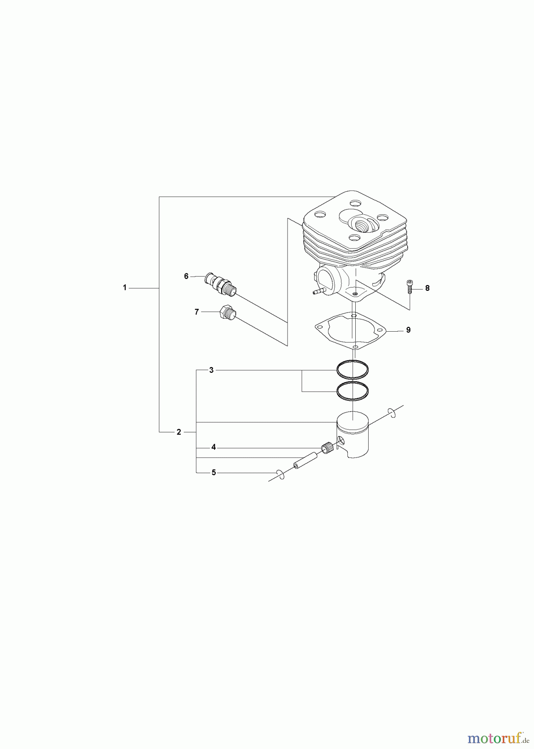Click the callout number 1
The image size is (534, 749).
125,288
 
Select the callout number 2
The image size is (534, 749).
179,432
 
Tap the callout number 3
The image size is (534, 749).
211,370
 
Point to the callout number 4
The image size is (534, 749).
213,447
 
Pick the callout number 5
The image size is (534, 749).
214,472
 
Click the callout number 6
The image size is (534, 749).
186,276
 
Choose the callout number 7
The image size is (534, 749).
197,312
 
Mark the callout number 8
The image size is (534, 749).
427,288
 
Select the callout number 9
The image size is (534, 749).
408,330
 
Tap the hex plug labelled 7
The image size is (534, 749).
226,312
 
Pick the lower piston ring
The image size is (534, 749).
352,391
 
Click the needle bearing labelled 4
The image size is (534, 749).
327,449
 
